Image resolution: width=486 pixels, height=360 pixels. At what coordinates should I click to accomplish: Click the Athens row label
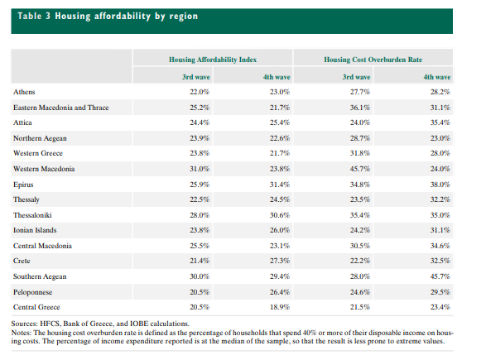24,92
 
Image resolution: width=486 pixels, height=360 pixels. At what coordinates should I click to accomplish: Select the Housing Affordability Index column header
213,60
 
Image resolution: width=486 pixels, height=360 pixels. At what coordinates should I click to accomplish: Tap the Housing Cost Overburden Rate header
373,60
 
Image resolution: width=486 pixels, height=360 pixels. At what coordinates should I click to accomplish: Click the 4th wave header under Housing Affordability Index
277,77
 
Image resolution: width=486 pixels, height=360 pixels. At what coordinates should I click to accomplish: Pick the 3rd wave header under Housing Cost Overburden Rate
356,77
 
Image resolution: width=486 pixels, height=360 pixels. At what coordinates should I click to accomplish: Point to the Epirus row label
23,185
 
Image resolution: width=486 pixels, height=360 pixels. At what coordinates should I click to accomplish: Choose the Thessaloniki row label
32,215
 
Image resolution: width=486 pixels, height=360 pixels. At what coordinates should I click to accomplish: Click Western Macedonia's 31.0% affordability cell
200,169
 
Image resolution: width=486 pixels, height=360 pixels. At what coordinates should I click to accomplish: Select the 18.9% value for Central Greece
280,307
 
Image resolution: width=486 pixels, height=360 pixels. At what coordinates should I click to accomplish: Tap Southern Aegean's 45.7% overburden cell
440,276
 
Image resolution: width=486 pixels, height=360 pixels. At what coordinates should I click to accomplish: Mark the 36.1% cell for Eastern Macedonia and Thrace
360,108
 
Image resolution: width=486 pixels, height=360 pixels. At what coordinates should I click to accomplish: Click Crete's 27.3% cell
280,261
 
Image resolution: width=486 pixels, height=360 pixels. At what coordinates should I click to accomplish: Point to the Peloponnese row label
32,292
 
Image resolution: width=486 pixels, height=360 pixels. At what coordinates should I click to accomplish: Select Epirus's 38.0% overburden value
440,185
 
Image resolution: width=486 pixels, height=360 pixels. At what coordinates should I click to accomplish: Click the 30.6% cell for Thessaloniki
280,215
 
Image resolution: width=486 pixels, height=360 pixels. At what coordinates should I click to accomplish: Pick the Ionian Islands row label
35,230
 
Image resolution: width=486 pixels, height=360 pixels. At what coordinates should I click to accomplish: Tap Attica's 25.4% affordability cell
280,122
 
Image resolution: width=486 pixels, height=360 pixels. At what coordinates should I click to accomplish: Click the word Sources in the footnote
24,324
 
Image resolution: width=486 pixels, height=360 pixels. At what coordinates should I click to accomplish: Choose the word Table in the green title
30,16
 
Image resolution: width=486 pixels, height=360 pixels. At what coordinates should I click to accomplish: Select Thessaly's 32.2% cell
440,199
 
